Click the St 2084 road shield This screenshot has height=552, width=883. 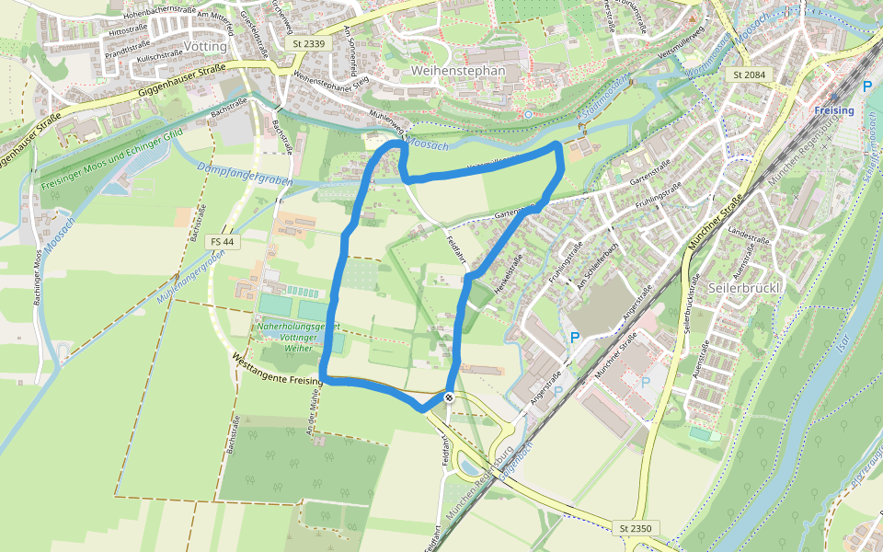[750, 73]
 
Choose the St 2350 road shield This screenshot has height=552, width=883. [636, 527]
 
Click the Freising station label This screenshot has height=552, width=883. [833, 110]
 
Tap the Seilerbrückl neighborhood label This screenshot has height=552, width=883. [745, 287]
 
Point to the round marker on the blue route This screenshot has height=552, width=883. [448, 397]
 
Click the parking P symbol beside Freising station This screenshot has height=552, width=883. [866, 86]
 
